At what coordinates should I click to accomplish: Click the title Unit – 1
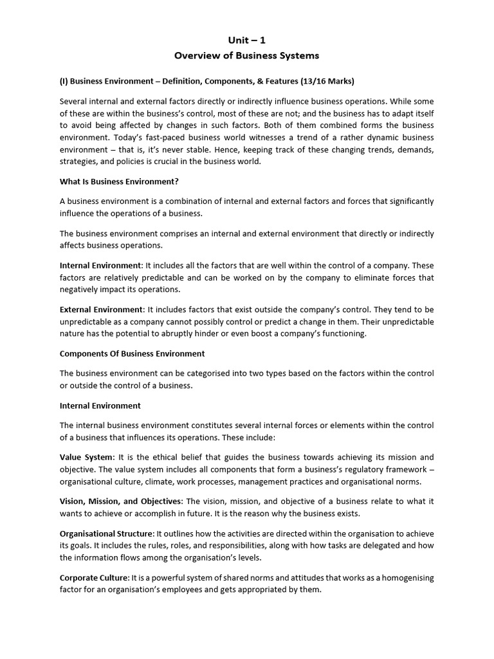[x=246, y=41]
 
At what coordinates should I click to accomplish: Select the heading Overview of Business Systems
[x=246, y=55]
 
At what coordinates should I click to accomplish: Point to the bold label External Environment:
[x=102, y=310]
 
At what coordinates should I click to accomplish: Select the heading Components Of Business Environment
[x=132, y=353]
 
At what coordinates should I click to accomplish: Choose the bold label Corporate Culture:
[x=95, y=578]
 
